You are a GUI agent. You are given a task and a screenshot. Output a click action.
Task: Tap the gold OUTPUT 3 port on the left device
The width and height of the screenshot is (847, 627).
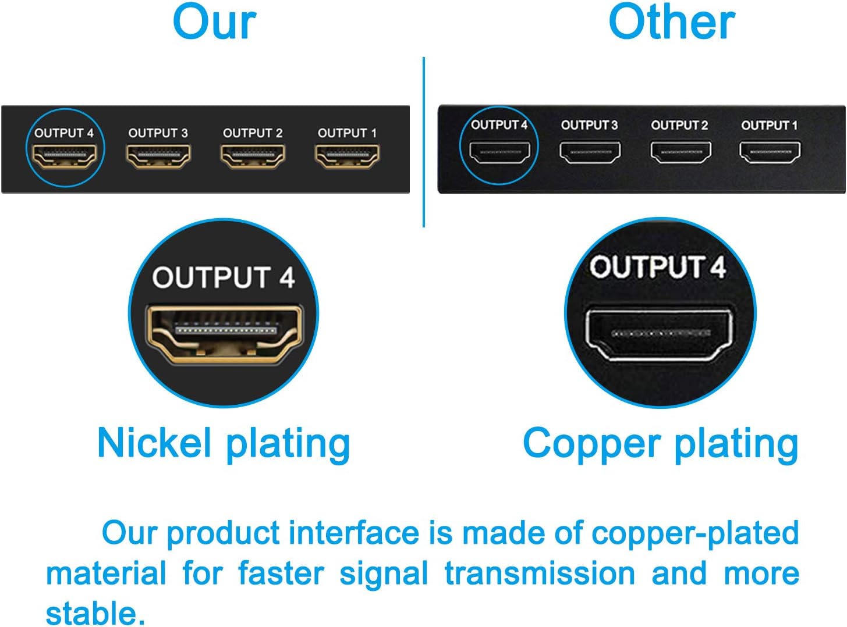[158, 156]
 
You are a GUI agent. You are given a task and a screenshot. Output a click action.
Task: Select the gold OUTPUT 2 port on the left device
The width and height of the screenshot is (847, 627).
[253, 156]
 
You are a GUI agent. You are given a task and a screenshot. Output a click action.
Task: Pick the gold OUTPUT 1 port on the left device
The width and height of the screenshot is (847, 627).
[347, 156]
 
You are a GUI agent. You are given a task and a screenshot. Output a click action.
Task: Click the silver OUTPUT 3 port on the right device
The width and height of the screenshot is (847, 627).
[590, 152]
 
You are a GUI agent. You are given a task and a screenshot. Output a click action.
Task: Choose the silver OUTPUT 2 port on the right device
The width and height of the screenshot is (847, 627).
[680, 152]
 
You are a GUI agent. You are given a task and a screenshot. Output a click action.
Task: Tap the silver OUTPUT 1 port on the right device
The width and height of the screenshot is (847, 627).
[770, 152]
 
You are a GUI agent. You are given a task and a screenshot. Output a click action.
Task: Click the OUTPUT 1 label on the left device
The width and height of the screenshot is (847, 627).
[347, 133]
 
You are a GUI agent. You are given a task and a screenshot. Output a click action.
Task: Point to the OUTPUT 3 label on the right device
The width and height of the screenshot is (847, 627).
[589, 125]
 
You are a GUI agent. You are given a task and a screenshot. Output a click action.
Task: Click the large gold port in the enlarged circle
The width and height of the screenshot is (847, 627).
[224, 333]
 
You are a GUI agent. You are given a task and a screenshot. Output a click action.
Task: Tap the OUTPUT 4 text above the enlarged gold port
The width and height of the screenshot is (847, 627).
[224, 277]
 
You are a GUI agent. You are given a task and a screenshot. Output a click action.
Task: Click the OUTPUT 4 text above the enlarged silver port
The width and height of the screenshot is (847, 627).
[658, 267]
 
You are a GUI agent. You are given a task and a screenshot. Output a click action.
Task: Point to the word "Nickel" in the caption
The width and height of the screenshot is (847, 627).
[154, 443]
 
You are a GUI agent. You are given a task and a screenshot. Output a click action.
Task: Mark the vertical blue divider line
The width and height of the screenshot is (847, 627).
[424, 142]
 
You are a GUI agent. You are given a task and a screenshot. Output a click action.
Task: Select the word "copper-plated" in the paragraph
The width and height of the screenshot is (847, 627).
[695, 533]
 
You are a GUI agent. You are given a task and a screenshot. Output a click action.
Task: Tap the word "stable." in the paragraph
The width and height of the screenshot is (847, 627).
[95, 612]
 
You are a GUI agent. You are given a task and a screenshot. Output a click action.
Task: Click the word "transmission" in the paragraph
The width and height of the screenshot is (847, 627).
[540, 573]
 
